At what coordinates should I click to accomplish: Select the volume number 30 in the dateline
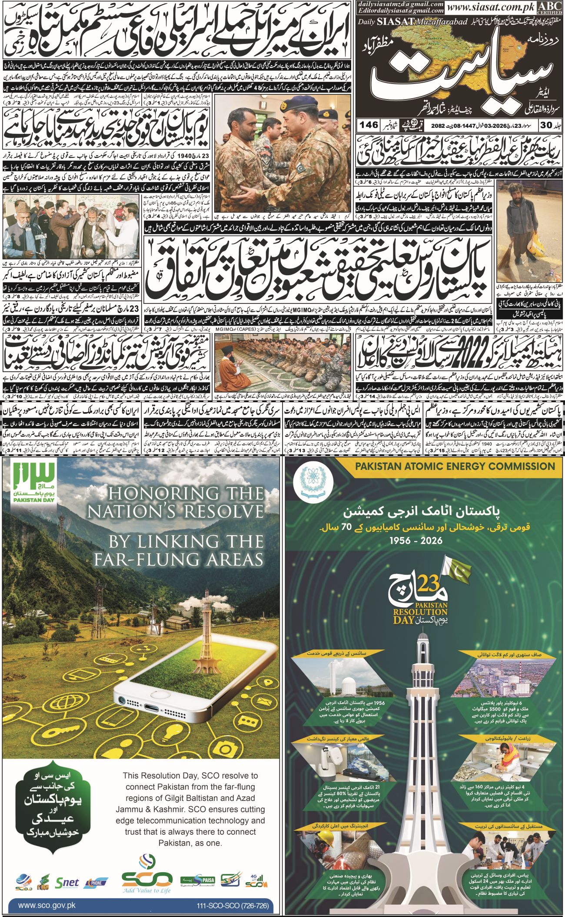tap(542, 125)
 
